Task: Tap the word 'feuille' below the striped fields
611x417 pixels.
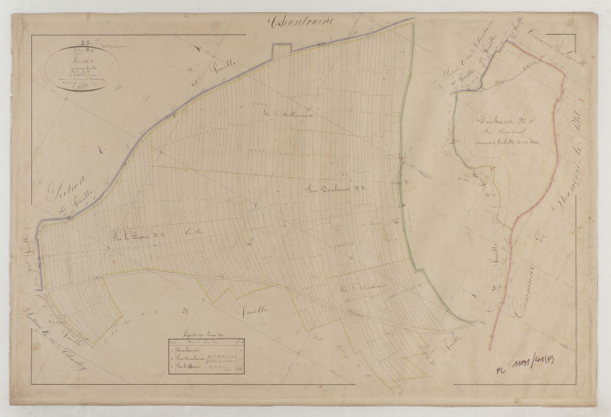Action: (x=258, y=309)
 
